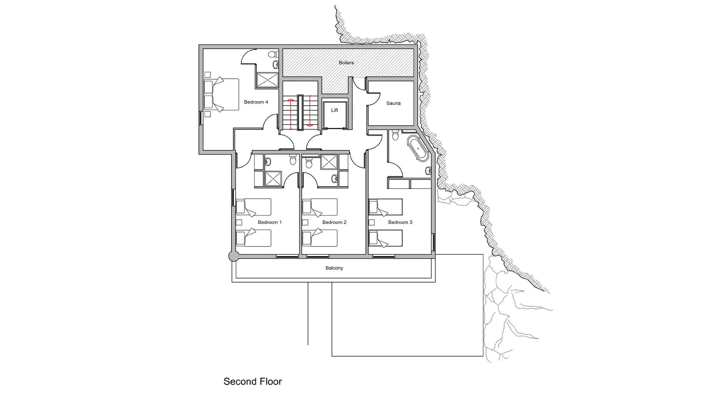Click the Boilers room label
point(346,63)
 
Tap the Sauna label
point(393,103)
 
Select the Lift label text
point(335,110)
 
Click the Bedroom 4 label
point(256,102)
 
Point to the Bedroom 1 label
point(270,222)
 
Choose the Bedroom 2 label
point(334,222)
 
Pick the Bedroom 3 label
point(400,222)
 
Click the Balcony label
point(334,268)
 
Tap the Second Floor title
point(253,382)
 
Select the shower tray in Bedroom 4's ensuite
point(267,79)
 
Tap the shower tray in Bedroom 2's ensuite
point(329,162)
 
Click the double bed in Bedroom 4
point(221,94)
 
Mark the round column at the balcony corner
point(233,256)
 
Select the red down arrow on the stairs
point(310,111)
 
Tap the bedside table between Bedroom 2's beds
point(305,222)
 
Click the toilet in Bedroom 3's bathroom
point(395,136)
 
